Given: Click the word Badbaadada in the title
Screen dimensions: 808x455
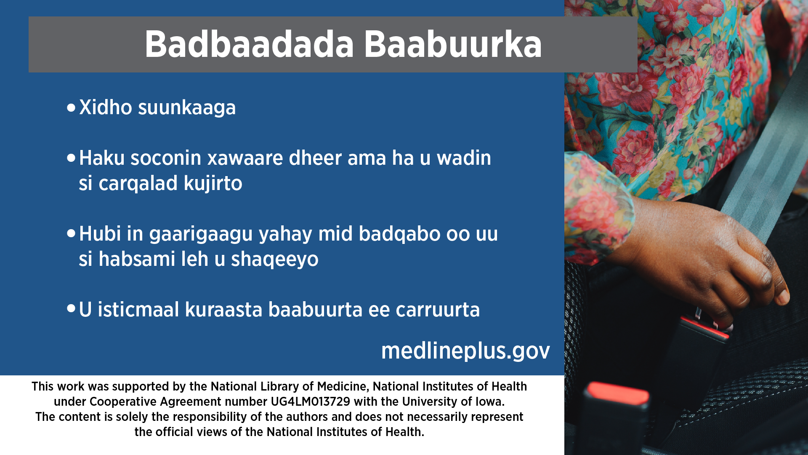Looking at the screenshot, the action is click(249, 44).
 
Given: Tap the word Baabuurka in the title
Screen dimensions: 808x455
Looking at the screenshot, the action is click(453, 44).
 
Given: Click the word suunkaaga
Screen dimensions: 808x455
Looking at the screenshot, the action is click(187, 109).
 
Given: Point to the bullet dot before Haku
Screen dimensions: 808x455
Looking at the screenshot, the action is click(71, 158).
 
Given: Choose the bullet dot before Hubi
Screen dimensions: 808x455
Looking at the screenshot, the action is click(71, 233).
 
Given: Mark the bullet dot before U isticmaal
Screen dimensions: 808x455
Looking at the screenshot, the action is click(71, 309).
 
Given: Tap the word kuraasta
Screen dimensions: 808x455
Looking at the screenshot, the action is click(224, 310).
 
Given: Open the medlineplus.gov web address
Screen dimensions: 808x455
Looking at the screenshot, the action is click(465, 351).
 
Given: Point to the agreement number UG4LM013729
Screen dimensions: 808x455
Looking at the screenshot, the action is click(311, 401).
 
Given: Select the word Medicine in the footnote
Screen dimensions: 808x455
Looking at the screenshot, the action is click(343, 387).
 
